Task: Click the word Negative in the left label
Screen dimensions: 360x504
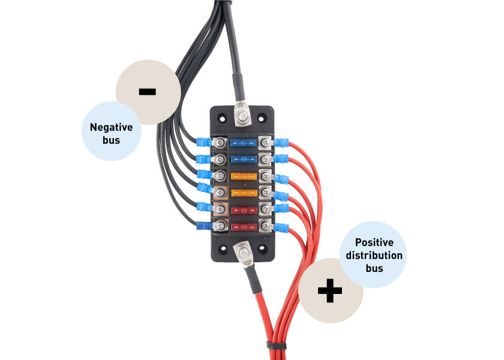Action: pos(111,127)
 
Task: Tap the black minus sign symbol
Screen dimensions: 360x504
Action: pos(147,92)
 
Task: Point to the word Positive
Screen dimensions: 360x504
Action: pos(374,242)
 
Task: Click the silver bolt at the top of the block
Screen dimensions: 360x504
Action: pos(242,114)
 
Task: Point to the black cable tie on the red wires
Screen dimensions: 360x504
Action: pos(276,347)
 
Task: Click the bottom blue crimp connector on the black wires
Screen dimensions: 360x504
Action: pos(203,226)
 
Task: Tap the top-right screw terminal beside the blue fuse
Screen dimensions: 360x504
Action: pos(263,143)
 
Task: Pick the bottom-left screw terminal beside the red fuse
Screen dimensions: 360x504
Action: pos(220,226)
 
